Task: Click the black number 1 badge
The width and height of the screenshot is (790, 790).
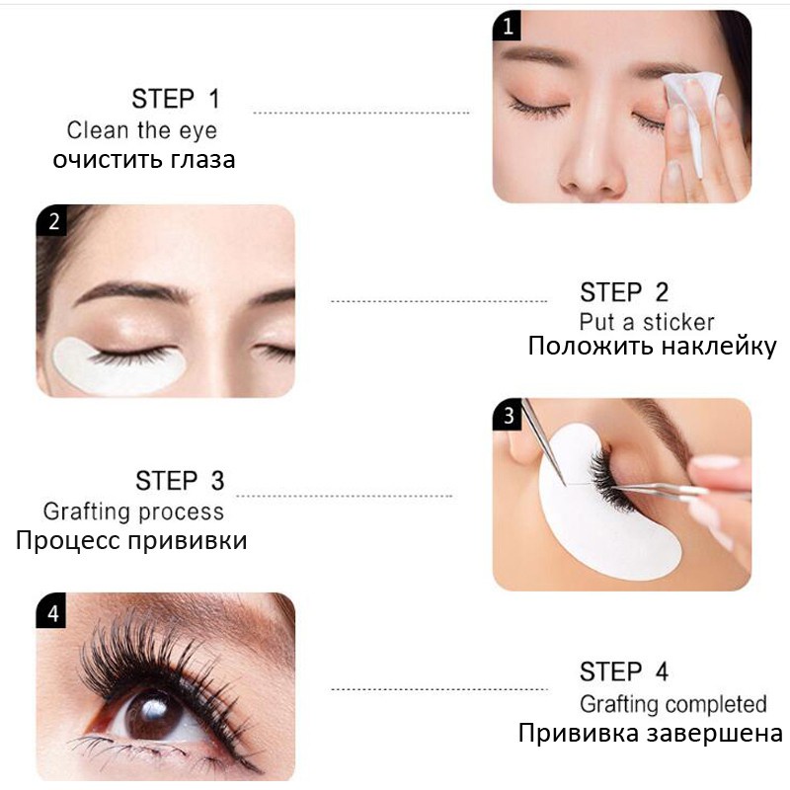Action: [507, 26]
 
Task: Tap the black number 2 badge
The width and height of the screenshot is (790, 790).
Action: [51, 220]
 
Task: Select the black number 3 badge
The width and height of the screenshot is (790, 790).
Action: [508, 414]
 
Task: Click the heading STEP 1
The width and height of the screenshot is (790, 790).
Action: [176, 99]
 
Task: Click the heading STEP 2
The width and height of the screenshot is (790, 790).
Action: [624, 292]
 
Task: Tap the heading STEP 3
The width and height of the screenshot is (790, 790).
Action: [180, 481]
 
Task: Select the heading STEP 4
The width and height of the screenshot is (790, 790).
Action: [624, 671]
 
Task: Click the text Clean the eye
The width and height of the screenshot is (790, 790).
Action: [141, 130]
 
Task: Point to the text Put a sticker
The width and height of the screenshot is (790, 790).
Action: [647, 323]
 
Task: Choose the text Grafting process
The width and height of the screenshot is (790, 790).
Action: [133, 512]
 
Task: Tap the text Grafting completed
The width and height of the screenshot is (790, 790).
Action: [673, 704]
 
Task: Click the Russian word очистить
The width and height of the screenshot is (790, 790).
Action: [108, 160]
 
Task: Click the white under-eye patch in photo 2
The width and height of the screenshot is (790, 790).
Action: [117, 366]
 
